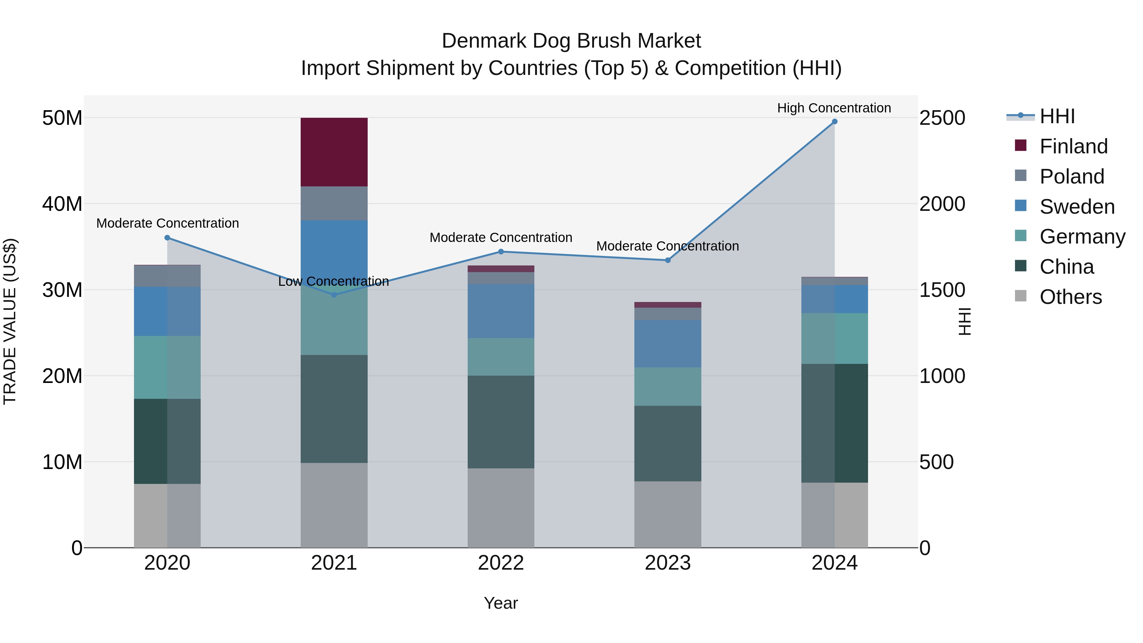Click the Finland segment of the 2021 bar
pyautogui.click(x=334, y=152)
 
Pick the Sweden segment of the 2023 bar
pyautogui.click(x=667, y=344)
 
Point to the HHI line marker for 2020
pyautogui.click(x=167, y=238)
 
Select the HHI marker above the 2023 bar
pyautogui.click(x=667, y=260)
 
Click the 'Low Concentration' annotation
pyautogui.click(x=333, y=281)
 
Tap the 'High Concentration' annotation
pyautogui.click(x=834, y=108)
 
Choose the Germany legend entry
pyautogui.click(x=1082, y=237)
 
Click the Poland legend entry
pyautogui.click(x=1071, y=176)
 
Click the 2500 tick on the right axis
pyautogui.click(x=942, y=118)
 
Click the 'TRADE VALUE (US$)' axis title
pyautogui.click(x=10, y=321)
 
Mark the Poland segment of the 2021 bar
pyautogui.click(x=334, y=203)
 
